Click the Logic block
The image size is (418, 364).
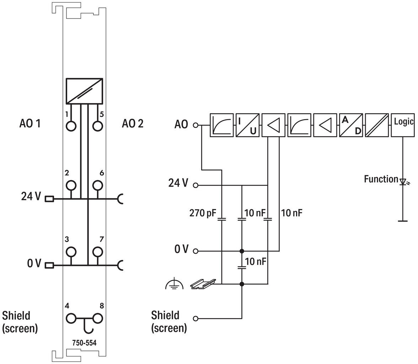402,125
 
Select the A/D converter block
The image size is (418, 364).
351,125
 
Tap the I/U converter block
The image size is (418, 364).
247,125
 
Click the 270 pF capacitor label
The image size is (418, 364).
203,213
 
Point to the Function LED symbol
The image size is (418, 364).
403,182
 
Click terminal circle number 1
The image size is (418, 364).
71,126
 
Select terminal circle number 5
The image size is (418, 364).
97,126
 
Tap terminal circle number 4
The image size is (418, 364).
71,318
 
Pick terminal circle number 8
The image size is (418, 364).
97,318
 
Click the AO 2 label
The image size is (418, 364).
133,123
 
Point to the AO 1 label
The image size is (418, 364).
30,123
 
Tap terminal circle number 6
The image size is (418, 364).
97,185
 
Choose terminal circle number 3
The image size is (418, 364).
71,251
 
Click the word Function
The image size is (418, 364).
381,179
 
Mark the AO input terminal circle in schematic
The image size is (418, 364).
195,125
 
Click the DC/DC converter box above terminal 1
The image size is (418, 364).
84,91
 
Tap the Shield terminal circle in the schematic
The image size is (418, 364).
195,318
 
